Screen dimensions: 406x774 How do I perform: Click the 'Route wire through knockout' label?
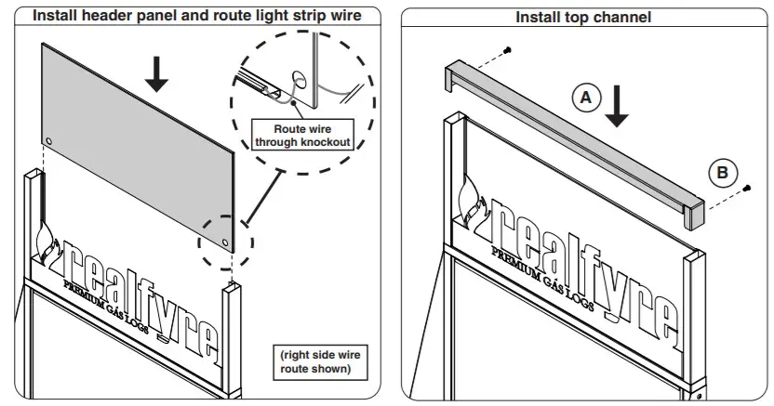tap(301, 136)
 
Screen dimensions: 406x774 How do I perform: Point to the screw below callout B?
tap(746, 190)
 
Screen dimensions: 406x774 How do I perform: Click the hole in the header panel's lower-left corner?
tap(48, 141)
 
